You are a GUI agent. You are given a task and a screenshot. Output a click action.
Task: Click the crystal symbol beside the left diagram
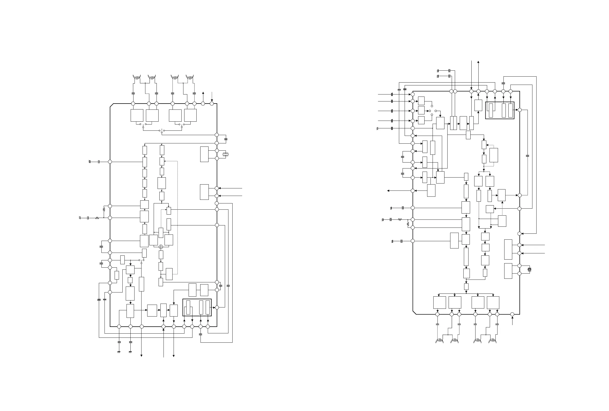225,155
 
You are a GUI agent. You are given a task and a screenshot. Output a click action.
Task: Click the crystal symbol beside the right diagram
529,269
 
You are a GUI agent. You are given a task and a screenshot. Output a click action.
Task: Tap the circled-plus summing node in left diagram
161,247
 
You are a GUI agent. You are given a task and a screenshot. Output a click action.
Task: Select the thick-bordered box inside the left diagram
197,307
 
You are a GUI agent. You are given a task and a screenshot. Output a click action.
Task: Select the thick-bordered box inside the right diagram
500,110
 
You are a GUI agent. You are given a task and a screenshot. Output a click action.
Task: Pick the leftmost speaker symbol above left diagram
137,77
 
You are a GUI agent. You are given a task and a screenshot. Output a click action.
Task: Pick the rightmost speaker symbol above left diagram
190,77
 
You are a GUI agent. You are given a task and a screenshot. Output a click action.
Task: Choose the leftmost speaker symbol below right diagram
439,341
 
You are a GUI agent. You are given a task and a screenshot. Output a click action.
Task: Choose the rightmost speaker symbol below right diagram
492,341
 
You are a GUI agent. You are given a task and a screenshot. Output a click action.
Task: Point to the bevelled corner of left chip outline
112,105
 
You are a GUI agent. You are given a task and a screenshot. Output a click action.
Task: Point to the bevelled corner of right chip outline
414,312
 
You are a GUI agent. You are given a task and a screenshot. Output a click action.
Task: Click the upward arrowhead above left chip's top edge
203,93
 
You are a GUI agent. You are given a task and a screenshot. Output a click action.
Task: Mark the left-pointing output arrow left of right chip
388,191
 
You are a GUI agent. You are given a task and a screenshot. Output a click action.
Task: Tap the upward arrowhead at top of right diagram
478,62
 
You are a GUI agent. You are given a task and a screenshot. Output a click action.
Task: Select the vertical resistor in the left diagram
104,210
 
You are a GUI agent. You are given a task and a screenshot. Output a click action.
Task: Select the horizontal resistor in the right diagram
400,219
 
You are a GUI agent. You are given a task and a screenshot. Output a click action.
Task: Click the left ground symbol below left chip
119,352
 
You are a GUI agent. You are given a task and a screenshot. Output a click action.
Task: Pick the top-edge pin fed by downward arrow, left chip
212,104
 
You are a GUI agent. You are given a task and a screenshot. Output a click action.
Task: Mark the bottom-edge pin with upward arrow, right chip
512,314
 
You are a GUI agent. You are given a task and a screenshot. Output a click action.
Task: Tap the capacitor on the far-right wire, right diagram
528,156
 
